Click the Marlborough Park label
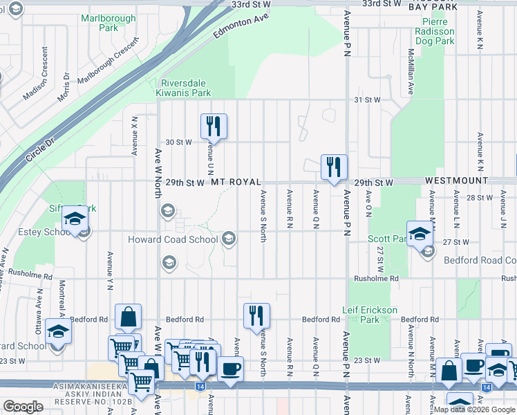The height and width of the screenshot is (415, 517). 99,23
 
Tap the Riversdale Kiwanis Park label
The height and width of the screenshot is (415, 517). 185,87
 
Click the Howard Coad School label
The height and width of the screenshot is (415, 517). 172,240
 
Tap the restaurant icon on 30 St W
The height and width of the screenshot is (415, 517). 214,127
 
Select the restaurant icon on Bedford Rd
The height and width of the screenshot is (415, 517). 257,316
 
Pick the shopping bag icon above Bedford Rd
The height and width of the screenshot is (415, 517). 128,317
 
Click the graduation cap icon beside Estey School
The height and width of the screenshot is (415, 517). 74,219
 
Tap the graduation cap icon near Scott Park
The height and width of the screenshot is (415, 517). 420,234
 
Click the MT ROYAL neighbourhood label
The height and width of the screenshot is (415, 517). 236,182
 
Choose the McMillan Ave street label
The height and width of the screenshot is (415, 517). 410,71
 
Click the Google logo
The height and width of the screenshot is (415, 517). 23,407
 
